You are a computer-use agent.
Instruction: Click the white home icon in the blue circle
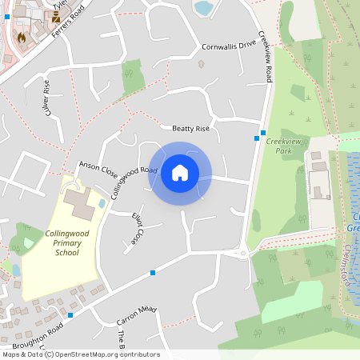point(180,172)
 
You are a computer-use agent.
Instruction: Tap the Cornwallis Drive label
point(229,46)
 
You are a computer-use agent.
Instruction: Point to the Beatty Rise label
point(190,129)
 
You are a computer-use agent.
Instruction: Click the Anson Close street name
point(98,170)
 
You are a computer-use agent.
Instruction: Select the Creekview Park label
point(278,146)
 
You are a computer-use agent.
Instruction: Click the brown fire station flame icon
point(22,37)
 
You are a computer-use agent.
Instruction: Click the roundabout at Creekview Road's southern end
point(242,254)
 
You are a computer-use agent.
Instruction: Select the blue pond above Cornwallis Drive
point(204,8)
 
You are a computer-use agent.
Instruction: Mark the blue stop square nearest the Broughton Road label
point(70,315)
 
